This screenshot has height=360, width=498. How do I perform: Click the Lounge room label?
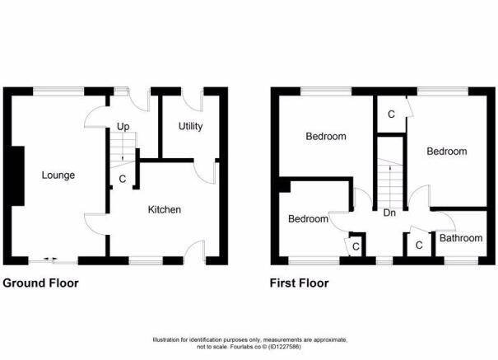(58, 175)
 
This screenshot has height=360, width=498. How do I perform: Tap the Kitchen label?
(165, 209)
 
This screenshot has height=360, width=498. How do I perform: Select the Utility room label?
(190, 126)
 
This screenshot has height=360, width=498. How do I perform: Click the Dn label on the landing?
(391, 212)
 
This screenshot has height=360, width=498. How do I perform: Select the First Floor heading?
(300, 283)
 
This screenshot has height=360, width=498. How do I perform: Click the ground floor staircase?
(122, 149)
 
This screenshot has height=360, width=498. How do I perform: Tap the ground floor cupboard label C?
(123, 178)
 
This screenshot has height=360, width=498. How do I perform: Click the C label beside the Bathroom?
(419, 245)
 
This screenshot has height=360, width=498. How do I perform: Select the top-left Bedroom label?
(325, 137)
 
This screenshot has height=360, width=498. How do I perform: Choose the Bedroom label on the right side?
(446, 152)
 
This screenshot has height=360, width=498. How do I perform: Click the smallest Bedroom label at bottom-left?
(307, 219)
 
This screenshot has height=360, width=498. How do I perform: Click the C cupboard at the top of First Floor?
(391, 114)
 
